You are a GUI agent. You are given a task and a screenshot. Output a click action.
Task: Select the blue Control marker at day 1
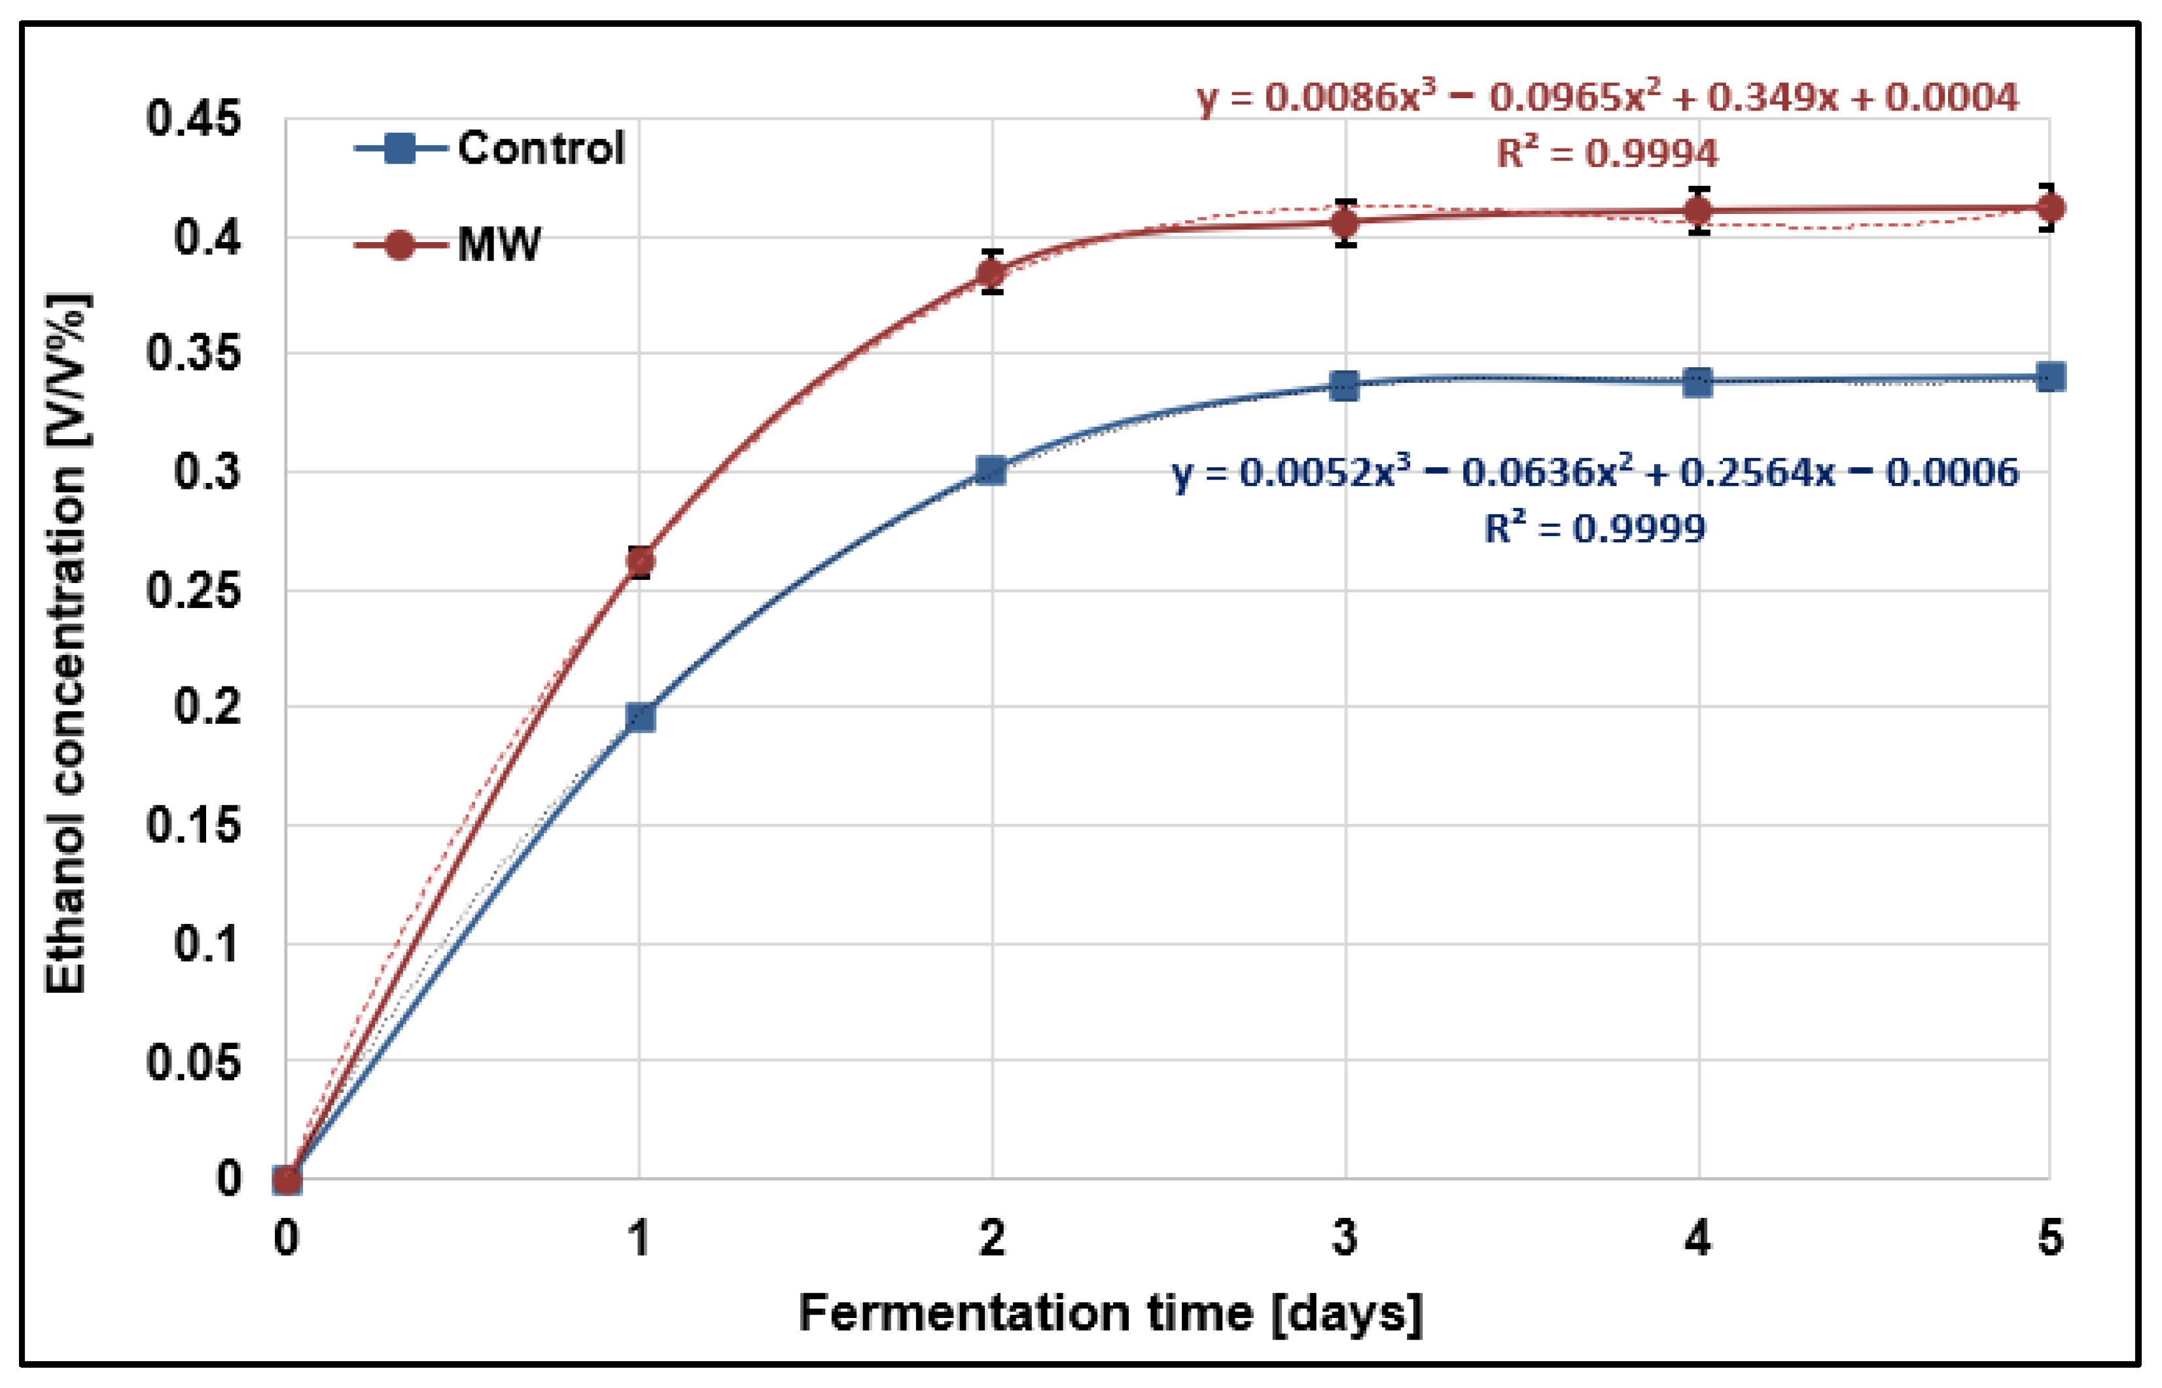coord(640,717)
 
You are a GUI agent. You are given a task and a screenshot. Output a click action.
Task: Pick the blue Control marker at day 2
coord(991,471)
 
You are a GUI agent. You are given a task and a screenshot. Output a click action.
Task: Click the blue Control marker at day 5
coord(2050,377)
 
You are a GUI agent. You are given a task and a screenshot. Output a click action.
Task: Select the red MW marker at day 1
coord(640,561)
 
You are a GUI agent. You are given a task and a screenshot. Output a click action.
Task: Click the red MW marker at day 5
coord(2050,208)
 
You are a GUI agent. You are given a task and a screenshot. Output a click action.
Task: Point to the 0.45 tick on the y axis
coord(194,119)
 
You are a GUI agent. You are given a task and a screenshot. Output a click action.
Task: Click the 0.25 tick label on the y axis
coord(194,590)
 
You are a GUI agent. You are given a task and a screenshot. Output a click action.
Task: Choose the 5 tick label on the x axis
coord(2050,1237)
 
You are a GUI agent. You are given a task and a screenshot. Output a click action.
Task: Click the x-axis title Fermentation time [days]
coord(1110,1313)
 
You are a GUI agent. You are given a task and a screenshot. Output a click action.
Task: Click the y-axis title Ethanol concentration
coord(67,643)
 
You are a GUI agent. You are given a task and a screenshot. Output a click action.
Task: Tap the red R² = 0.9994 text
coord(1607,153)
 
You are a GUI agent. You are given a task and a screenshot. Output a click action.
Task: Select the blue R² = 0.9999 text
coord(1594,528)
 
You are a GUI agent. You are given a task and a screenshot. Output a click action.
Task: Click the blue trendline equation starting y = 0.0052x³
coord(1594,472)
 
